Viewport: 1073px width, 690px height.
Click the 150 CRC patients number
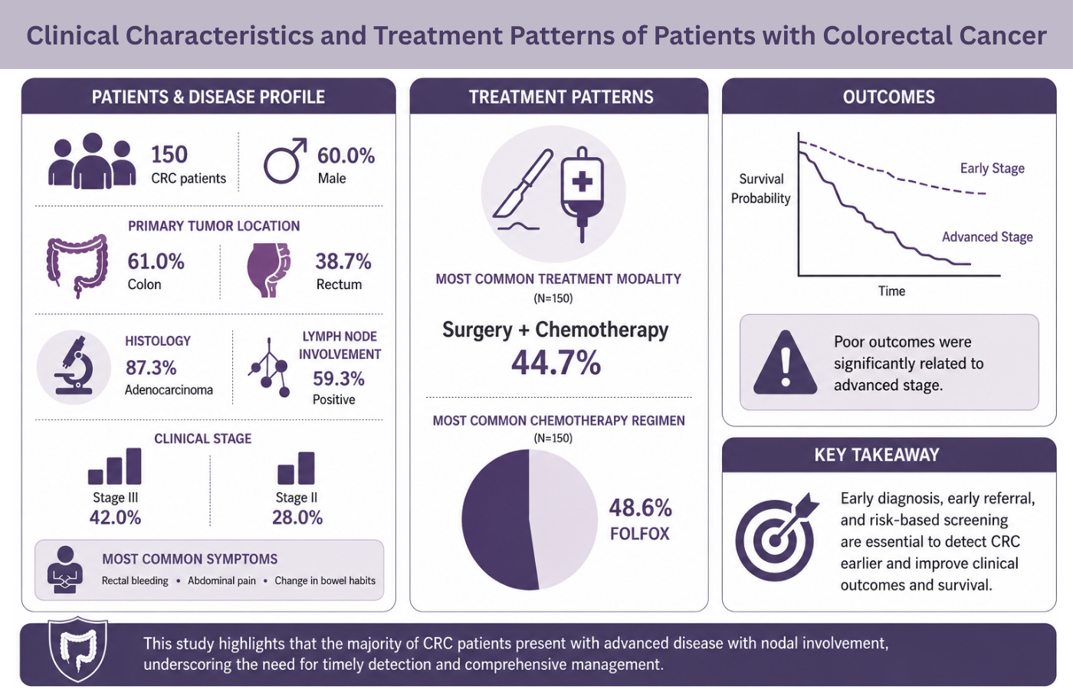click(169, 154)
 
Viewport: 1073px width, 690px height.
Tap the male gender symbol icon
click(285, 161)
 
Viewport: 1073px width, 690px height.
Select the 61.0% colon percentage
click(156, 261)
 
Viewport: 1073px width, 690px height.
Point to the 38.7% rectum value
click(343, 261)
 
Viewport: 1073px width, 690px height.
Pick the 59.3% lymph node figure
click(339, 379)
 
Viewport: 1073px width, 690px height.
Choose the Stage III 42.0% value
click(115, 517)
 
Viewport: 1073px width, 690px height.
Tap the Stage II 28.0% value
click(297, 517)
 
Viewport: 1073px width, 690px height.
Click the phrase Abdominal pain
click(221, 581)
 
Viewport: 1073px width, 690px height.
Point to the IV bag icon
click(582, 194)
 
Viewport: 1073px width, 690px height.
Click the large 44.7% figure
click(556, 362)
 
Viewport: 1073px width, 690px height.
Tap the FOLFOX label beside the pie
click(639, 534)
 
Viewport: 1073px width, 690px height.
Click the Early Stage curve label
click(992, 168)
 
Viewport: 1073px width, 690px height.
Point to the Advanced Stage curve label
click(987, 237)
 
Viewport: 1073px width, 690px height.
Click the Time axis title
click(891, 291)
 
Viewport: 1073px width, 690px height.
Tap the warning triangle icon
click(785, 363)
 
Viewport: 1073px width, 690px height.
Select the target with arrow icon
click(776, 537)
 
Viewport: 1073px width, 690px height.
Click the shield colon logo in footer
click(77, 649)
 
